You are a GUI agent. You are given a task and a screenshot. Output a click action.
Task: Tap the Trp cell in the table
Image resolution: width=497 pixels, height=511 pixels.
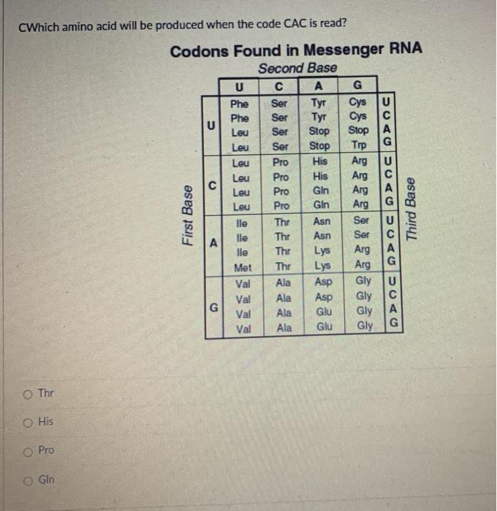point(359,146)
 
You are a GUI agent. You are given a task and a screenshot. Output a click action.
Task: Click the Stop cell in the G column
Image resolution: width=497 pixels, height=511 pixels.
point(359,131)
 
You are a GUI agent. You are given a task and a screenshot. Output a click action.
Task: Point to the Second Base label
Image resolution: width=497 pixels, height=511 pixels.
point(297,68)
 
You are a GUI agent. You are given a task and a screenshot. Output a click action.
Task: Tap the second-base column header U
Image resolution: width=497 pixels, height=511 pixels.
point(239,87)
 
